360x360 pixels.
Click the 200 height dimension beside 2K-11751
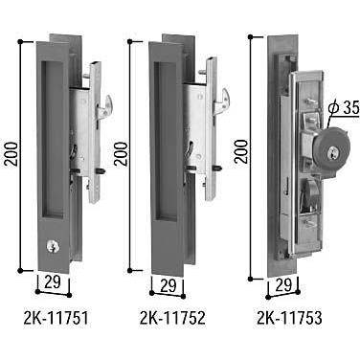(11, 148)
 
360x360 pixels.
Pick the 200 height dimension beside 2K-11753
(242, 148)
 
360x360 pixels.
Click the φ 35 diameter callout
(341, 108)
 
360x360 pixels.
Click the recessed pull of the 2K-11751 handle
(55, 144)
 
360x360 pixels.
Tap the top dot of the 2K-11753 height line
(250, 36)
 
